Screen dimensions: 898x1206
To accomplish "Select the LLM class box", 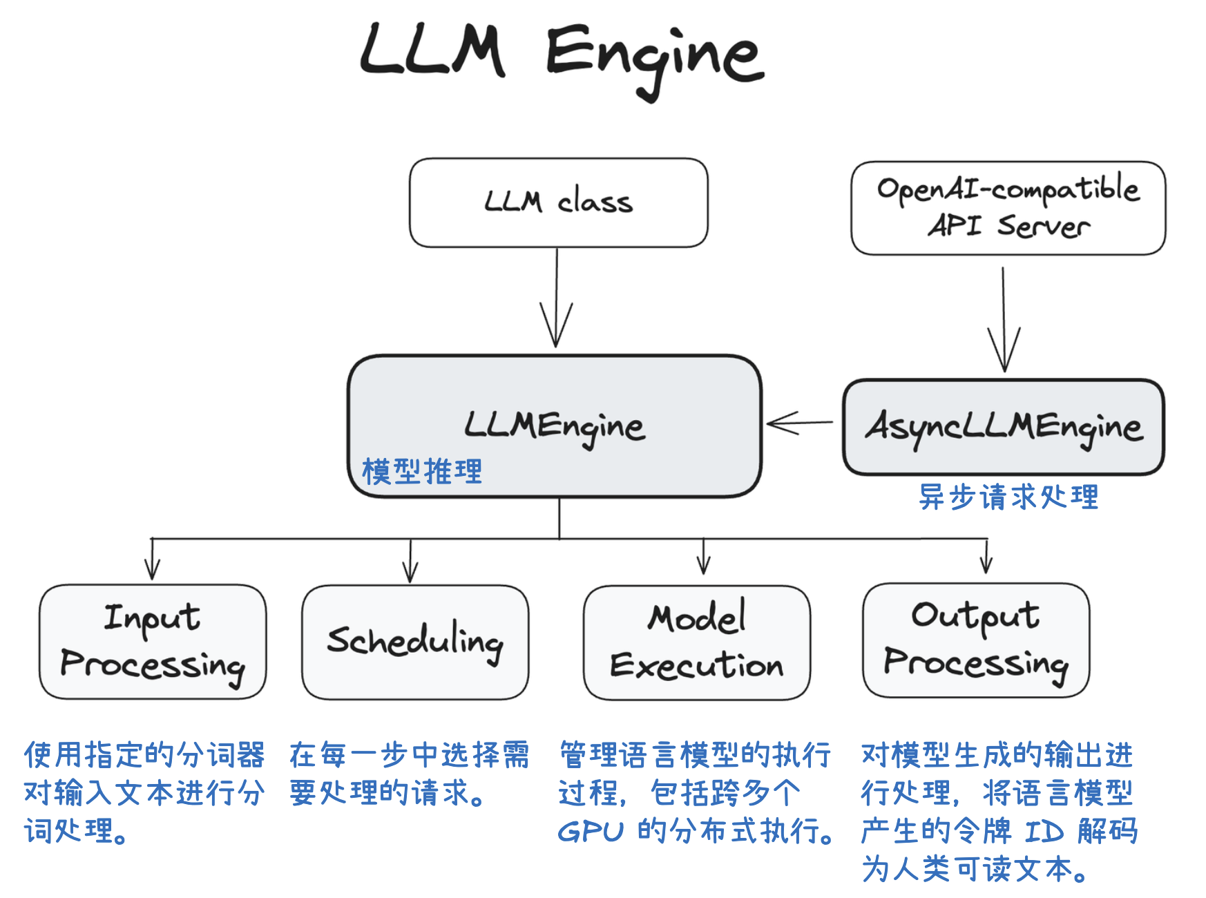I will (558, 202).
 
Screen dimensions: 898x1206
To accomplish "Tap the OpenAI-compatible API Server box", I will (1008, 208).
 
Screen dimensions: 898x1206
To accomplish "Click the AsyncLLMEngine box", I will (1004, 427).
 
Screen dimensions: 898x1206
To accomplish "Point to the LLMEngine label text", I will (555, 426).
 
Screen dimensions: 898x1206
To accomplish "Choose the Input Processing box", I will (153, 642).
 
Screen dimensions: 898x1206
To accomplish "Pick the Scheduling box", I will (415, 642).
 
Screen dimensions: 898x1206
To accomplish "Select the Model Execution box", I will (696, 642).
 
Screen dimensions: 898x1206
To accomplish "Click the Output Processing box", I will (975, 640).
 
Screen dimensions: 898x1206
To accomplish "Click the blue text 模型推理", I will (422, 472).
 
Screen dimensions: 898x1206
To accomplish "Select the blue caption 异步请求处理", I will (1008, 497).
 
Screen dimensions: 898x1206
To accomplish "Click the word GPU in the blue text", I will (591, 832).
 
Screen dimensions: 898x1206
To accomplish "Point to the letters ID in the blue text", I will (1044, 832).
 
